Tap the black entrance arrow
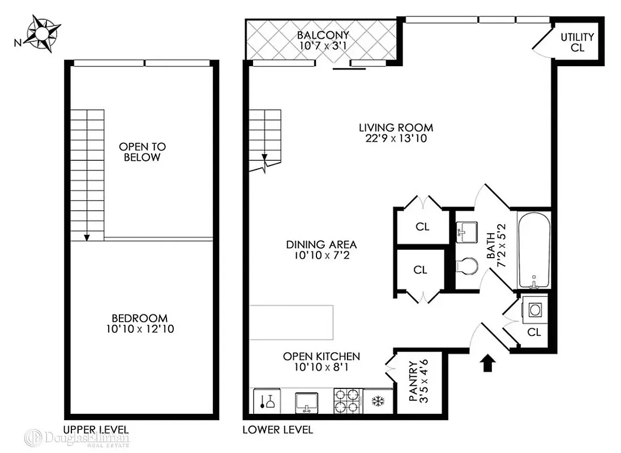coord(486,362)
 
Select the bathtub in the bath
coord(534,250)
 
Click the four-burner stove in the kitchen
coord(347,401)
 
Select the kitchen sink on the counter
coord(308,401)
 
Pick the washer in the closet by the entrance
coord(534,309)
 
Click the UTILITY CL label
coord(577,42)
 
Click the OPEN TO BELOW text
coord(142,152)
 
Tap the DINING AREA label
coord(321,245)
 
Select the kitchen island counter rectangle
coord(292,322)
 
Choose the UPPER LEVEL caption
coord(96,429)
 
